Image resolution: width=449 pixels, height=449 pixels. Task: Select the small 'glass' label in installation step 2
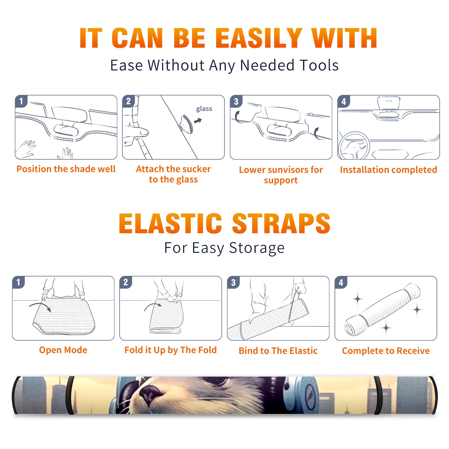[204, 109]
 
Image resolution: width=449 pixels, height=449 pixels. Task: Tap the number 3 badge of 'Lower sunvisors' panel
[236, 101]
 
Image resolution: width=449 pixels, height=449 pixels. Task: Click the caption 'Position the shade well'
[66, 169]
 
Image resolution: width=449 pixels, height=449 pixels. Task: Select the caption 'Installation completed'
[388, 170]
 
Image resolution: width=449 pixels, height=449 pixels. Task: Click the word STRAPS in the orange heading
[281, 223]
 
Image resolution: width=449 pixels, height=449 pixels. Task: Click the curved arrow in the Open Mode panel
[40, 306]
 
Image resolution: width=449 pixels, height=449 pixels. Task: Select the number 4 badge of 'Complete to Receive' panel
[341, 282]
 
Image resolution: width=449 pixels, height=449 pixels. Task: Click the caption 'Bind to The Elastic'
[278, 351]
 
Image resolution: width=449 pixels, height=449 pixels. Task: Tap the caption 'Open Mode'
[63, 350]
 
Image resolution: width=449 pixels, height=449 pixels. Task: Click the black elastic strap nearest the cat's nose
[70, 395]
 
